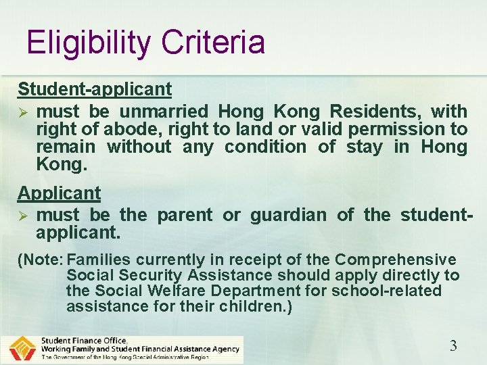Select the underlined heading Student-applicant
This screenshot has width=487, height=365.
pyautogui.click(x=95, y=89)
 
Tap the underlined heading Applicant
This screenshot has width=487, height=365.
pyautogui.click(x=59, y=193)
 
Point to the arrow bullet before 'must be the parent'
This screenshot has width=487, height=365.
pyautogui.click(x=22, y=216)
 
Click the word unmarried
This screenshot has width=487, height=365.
pyautogui.click(x=169, y=111)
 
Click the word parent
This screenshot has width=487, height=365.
pyautogui.click(x=185, y=215)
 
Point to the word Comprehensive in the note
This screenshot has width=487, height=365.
pyautogui.click(x=396, y=260)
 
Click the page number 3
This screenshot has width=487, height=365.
pyautogui.click(x=453, y=346)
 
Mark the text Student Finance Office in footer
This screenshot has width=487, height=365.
pyautogui.click(x=84, y=340)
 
